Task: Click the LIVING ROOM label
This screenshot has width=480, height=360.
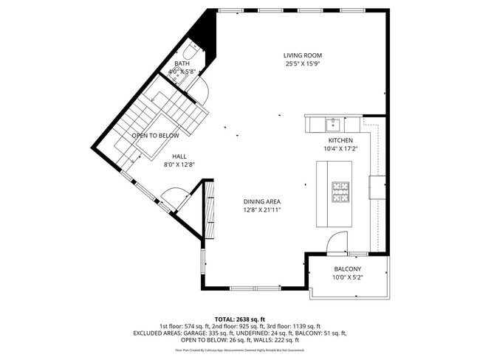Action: click(304, 55)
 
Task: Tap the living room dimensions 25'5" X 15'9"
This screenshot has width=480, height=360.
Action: click(304, 63)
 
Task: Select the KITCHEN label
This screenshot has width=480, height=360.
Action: click(340, 140)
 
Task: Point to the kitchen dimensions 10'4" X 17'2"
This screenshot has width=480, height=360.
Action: click(340, 148)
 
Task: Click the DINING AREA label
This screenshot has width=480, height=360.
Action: click(262, 201)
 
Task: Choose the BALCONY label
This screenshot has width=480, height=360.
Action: click(347, 269)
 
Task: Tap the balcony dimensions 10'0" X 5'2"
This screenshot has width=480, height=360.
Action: click(347, 277)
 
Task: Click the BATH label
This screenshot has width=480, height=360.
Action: click(182, 64)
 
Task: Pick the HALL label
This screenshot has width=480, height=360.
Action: click(179, 156)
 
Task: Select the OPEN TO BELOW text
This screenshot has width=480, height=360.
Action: click(155, 136)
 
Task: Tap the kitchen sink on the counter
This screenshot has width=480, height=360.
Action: click(333, 121)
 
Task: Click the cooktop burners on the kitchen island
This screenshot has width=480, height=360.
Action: click(340, 192)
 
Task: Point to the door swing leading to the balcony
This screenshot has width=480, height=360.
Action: click(337, 240)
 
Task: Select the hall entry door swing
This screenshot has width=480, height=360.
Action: click(171, 198)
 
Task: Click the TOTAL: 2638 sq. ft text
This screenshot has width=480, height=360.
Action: click(240, 317)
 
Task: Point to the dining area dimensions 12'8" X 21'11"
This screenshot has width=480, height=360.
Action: click(262, 210)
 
